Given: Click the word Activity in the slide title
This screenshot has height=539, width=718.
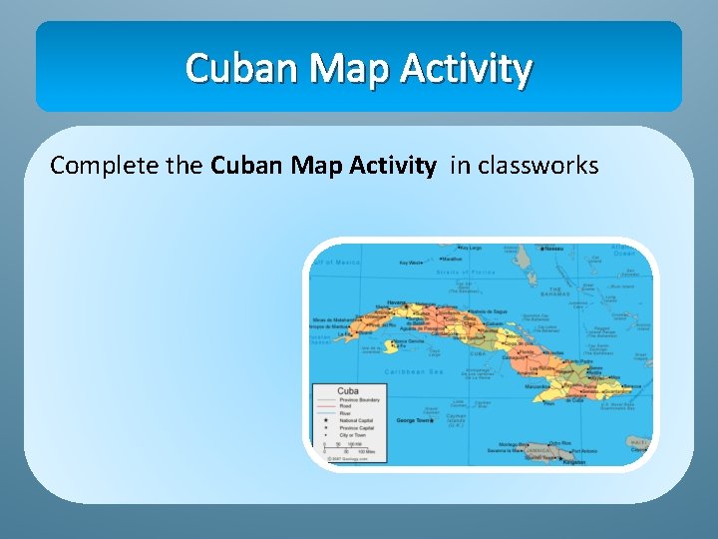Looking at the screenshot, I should tap(466, 69).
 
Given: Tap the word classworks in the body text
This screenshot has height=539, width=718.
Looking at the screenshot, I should tap(538, 166).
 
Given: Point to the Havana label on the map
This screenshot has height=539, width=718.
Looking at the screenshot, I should tap(396, 302).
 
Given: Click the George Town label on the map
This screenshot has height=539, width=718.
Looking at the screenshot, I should tap(415, 420).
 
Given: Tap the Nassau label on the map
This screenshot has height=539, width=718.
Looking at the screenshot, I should tap(550, 248).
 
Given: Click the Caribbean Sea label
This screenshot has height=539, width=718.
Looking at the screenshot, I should tap(409, 371).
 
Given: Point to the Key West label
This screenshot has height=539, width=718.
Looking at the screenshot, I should tap(410, 264).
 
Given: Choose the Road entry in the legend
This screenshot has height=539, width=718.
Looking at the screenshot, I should tap(345, 406).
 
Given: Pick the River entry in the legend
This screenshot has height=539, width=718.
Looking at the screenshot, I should tap(345, 413).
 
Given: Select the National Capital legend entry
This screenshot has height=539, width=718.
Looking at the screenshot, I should tap(354, 421).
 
